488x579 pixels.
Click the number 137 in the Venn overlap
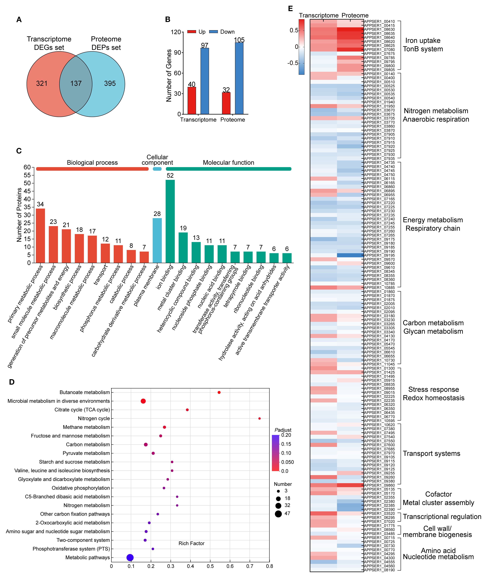pyautogui.click(x=76, y=83)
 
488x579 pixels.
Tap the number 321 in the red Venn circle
pyautogui.click(x=42, y=83)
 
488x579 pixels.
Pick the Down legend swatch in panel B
pyautogui.click(x=213, y=32)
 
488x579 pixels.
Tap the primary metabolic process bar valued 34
pyautogui.click(x=40, y=235)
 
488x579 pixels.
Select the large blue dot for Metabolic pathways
pyautogui.click(x=130, y=557)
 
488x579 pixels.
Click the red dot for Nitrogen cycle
pyautogui.click(x=260, y=418)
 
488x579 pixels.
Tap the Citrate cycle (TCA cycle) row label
pyautogui.click(x=82, y=410)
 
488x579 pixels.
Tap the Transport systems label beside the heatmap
pyautogui.click(x=431, y=454)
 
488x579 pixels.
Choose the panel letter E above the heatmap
pyautogui.click(x=290, y=9)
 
